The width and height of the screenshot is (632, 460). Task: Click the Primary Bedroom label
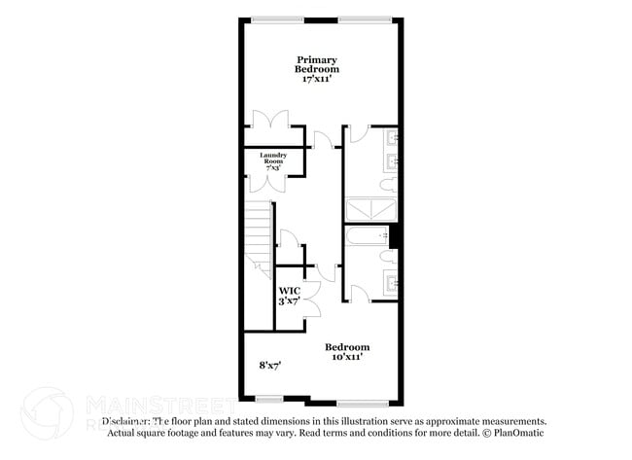tap(318, 65)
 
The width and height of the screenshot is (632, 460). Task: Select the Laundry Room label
tap(273, 159)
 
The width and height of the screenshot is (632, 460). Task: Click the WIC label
tap(290, 291)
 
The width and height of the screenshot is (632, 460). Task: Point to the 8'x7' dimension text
tap(269, 365)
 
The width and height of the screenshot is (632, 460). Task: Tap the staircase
tap(259, 238)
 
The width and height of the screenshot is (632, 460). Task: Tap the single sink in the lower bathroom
tap(391, 284)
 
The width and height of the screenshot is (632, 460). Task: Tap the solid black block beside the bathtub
tap(394, 236)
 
